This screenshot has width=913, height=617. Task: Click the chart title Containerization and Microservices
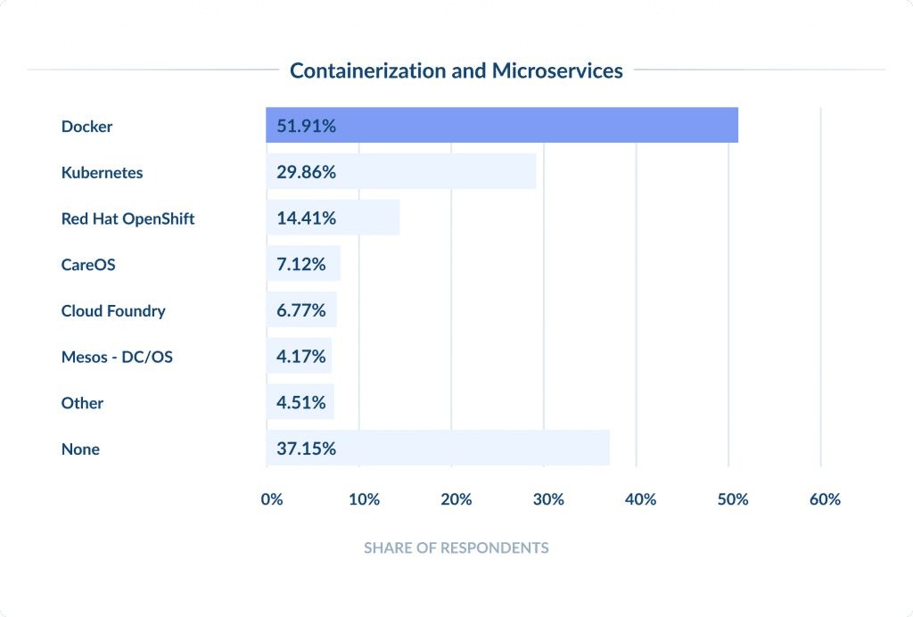[456, 70]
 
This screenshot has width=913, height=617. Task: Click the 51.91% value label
[306, 127]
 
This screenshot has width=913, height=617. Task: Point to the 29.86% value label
[306, 172]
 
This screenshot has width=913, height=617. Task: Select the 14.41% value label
[306, 218]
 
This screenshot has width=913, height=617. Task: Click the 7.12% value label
[301, 265]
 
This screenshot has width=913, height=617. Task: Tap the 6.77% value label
[301, 311]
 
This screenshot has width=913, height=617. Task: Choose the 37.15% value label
[306, 449]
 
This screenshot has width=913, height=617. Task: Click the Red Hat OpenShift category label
[127, 218]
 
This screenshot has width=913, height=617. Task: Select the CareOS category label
[88, 265]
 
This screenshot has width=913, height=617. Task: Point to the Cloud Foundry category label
[113, 311]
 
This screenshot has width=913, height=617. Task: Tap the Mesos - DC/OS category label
[117, 357]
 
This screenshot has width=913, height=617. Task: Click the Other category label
[82, 403]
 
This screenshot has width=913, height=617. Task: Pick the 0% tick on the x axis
[272, 499]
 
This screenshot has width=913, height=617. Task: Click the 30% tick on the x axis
[548, 499]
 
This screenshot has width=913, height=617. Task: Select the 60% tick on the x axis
[825, 499]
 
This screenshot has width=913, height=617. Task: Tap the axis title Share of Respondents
[456, 547]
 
